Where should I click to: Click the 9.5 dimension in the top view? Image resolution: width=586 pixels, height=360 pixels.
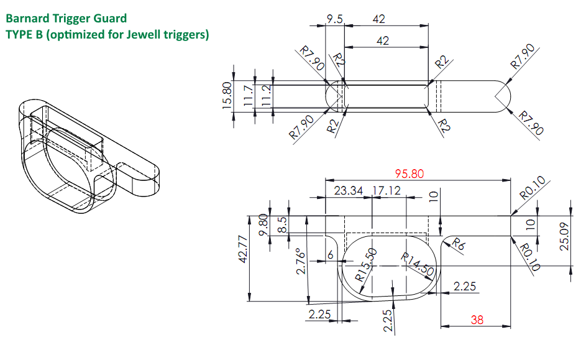point(335,19)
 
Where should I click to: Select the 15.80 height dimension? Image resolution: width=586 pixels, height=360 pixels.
point(227,95)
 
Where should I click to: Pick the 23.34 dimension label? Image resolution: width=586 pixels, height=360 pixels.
point(348,191)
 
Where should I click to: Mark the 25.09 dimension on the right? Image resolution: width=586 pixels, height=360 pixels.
point(564,236)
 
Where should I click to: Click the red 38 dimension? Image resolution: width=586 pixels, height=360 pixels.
point(477,320)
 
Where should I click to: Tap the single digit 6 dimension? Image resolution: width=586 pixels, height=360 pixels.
point(331,255)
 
